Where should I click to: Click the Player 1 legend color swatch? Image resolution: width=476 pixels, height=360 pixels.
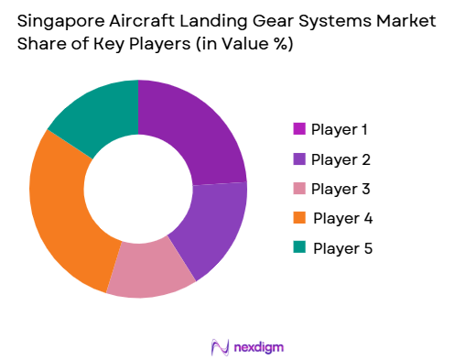298,130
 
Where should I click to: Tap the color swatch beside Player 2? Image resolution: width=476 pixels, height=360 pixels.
298,159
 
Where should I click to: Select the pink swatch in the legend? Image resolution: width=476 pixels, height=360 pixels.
298,189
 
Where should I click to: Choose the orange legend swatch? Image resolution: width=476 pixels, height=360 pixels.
298,218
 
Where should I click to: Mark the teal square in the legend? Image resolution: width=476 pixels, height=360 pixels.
298,247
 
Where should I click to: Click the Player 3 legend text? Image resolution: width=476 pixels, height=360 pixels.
341,189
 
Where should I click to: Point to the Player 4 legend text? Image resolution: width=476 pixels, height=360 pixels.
342,218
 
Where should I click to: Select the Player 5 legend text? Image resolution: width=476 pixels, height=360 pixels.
342,247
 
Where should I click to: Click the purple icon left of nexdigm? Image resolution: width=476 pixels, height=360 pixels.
220,346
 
